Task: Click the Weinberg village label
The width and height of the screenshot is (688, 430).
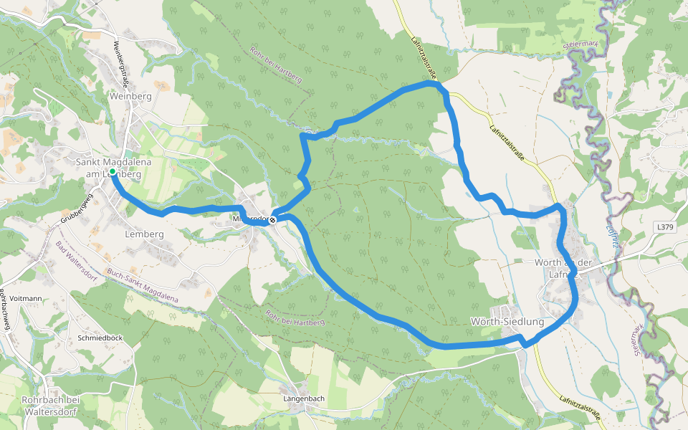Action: tap(130, 96)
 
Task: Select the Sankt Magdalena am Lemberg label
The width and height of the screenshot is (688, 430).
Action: tap(113, 168)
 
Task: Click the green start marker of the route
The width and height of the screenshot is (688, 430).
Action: tap(113, 171)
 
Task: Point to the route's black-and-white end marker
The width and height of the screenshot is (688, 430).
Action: tap(272, 219)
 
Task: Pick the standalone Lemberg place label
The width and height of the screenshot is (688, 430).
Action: tap(144, 234)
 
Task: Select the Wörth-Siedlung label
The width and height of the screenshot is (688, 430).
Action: tap(508, 322)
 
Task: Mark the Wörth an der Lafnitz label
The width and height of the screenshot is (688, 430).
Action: tap(563, 267)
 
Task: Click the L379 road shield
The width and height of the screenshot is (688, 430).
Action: tap(665, 226)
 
